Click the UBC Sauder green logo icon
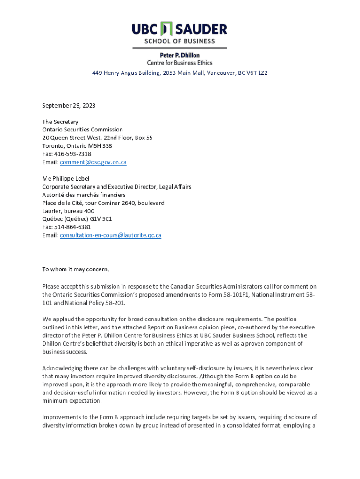166,29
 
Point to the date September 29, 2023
69,106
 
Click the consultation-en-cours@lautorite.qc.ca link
110,235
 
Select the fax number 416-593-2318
72,154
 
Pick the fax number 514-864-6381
72,227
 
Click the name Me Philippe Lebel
65,179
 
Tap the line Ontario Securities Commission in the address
82,130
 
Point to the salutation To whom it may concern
75,269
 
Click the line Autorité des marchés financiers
84,195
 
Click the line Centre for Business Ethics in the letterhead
180,63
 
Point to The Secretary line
60,122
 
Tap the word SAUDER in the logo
201,29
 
